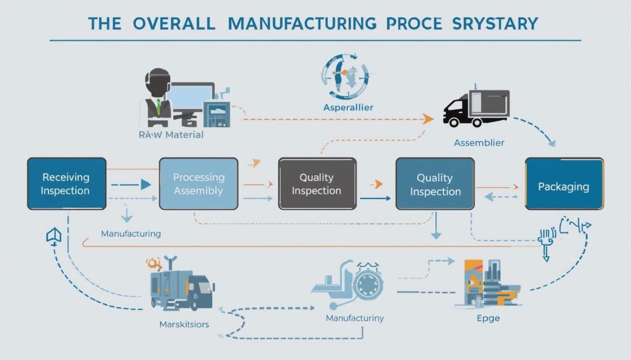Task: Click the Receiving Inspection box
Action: [66, 184]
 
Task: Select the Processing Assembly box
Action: [198, 184]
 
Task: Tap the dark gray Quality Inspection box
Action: [317, 184]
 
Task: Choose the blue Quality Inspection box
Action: [435, 184]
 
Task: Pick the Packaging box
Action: [564, 186]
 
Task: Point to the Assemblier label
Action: [479, 143]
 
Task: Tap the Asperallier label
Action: [348, 108]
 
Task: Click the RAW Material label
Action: [171, 134]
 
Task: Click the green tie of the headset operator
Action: [158, 107]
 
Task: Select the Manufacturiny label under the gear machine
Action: [355, 319]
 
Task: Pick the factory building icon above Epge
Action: [487, 284]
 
